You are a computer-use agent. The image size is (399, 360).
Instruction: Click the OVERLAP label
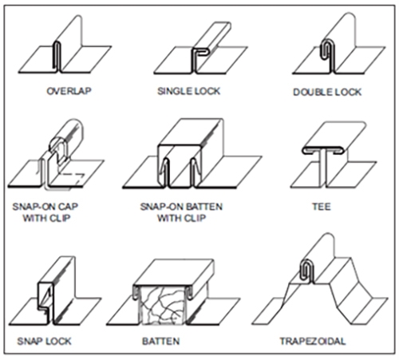tap(69, 91)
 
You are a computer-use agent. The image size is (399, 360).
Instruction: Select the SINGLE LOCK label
tap(189, 91)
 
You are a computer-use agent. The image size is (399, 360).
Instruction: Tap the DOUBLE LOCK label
tap(327, 92)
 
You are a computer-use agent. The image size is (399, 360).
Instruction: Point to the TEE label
tap(322, 207)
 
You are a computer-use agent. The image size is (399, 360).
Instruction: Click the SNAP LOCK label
tap(45, 341)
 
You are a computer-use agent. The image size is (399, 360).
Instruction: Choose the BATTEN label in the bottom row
tap(161, 341)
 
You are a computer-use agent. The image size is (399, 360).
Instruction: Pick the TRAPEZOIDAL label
tap(313, 341)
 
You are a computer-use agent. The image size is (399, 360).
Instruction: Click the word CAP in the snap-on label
tap(68, 207)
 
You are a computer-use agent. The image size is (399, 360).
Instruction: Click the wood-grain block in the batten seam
tap(162, 306)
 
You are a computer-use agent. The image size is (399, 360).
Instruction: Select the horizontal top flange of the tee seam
tap(322, 150)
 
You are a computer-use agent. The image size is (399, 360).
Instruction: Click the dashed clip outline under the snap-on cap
tap(71, 178)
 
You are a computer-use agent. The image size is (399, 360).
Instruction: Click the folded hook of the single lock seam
tap(201, 52)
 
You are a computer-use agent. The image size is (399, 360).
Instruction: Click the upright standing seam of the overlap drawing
tap(58, 57)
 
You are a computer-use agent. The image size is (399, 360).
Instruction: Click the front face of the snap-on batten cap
tap(179, 165)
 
